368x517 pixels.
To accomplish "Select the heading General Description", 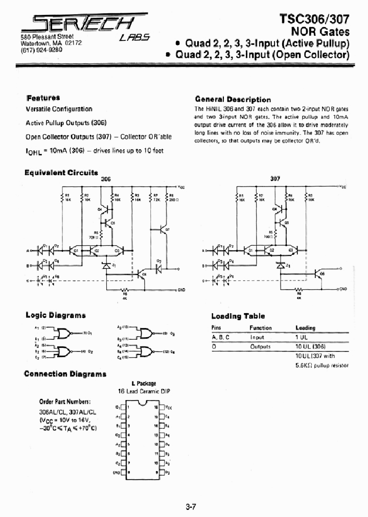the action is click(233, 99).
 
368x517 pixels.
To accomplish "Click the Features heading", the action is click(43, 98).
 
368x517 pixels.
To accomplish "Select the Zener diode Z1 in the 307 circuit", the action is click(280, 266).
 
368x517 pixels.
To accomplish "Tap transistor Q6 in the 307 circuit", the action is click(320, 276).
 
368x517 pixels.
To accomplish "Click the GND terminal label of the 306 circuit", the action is click(180, 290).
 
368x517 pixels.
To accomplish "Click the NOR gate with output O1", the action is click(65, 334).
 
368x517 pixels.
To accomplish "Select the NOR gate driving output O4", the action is click(146, 352).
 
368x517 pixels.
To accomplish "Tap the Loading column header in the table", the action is click(305, 327).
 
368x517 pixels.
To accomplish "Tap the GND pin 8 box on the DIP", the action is click(123, 473).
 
